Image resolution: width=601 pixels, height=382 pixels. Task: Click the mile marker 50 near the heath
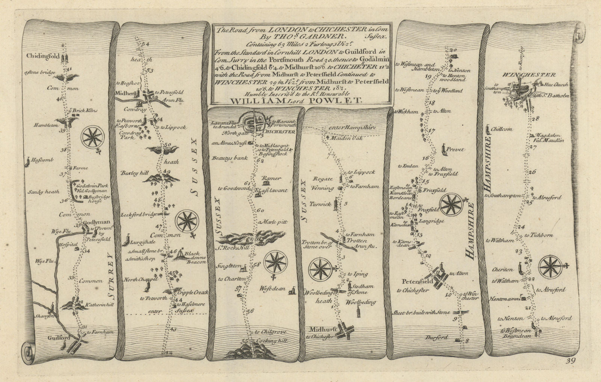168,145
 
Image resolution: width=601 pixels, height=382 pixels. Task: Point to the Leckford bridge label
135,215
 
